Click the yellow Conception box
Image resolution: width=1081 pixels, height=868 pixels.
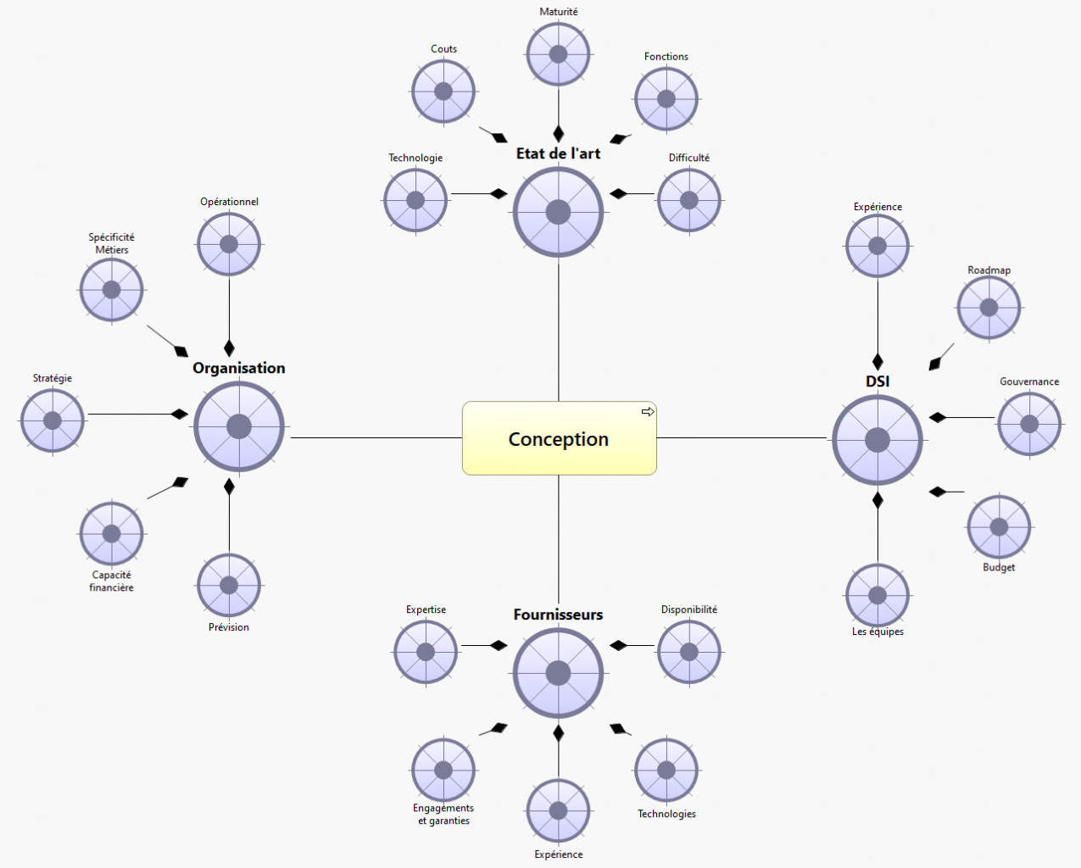tap(559, 438)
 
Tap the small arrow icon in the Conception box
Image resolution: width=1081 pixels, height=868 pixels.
tap(648, 412)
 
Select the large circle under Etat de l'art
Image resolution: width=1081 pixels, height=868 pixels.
tap(558, 212)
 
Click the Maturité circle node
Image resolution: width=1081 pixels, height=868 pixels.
tap(558, 54)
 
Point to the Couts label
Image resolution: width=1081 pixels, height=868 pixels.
tap(443, 49)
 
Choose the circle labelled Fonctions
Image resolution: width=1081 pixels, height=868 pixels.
tap(666, 99)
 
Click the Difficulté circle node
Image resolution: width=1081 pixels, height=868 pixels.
tap(689, 201)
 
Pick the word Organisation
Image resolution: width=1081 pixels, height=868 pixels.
tap(239, 368)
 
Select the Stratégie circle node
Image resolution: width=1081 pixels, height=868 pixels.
tap(53, 420)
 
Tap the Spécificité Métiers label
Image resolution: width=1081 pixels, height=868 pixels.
tap(112, 243)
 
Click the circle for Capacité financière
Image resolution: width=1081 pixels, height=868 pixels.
tap(112, 533)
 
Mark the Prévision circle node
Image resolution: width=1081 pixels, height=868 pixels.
tap(229, 585)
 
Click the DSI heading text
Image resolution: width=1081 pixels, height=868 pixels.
tap(878, 381)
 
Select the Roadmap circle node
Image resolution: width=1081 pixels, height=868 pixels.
tap(989, 308)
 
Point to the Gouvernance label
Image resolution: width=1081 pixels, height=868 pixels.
tap(1029, 381)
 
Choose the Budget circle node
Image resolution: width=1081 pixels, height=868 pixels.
tap(999, 526)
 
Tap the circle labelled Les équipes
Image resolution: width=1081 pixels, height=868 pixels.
tap(878, 595)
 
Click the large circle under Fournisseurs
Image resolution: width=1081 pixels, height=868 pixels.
tap(558, 673)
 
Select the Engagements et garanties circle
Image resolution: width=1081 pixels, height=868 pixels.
tap(443, 770)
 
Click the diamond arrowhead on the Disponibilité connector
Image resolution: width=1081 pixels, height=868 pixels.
tap(618, 646)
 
